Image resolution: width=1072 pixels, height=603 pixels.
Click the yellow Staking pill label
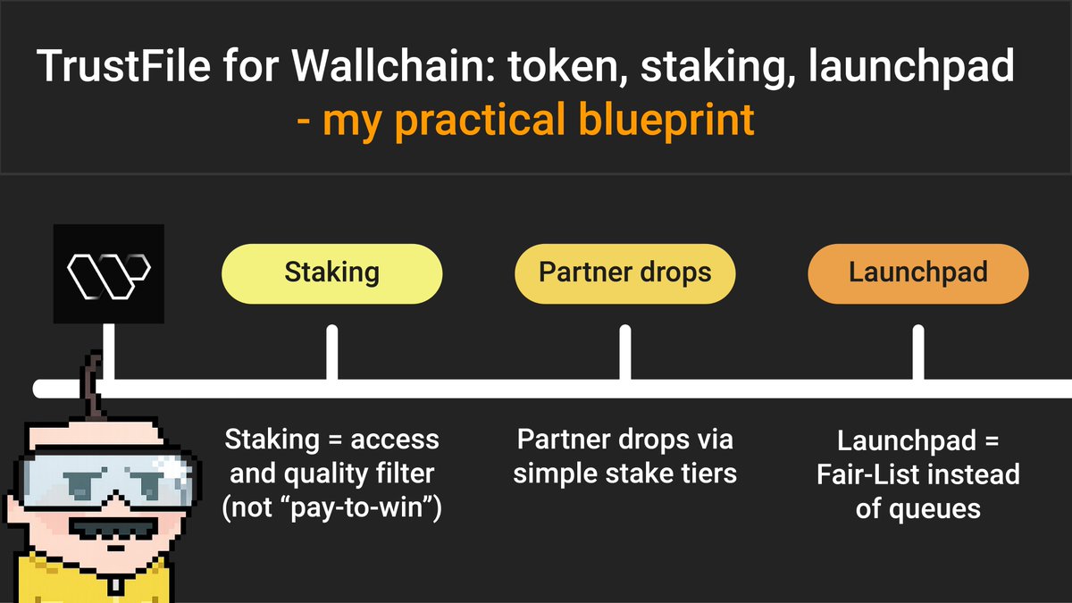tap(331, 272)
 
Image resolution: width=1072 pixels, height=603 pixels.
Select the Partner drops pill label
tap(624, 272)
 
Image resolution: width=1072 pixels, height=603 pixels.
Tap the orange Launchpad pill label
tap(917, 272)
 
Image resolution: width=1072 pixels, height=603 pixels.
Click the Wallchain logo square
tap(108, 272)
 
